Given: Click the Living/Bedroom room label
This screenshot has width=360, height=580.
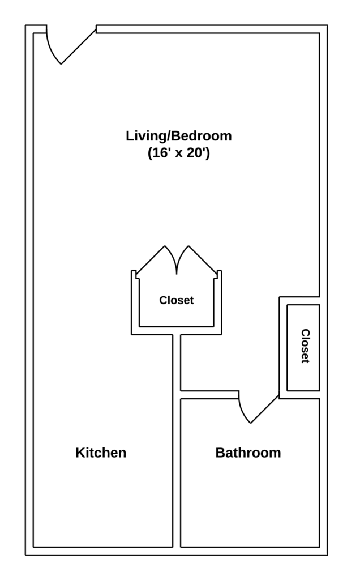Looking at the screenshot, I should tap(178, 136).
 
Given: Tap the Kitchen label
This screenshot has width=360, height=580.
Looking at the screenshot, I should tap(101, 453).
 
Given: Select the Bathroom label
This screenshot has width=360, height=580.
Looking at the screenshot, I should tap(248, 453).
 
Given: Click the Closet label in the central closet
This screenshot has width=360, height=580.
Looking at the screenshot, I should tap(176, 301).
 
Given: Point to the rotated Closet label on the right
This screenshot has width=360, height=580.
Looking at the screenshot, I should tap(305, 346).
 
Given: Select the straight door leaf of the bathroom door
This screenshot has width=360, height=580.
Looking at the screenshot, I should tap(265, 408).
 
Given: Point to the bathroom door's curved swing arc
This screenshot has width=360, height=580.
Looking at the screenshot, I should tap(242, 412).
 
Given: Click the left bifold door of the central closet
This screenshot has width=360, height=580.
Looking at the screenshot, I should tap(151, 261).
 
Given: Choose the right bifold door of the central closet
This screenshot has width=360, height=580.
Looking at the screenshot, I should tap(203, 261).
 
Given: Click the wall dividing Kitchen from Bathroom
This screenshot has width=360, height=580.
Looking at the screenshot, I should tap(177, 470).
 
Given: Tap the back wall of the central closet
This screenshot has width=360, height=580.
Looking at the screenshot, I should tap(177, 331).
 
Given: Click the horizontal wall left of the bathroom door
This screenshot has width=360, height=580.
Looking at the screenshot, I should tap(209, 395).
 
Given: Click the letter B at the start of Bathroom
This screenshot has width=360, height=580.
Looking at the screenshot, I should tap(220, 453).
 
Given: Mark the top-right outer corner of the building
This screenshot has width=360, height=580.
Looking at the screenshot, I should tap(327, 25).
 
